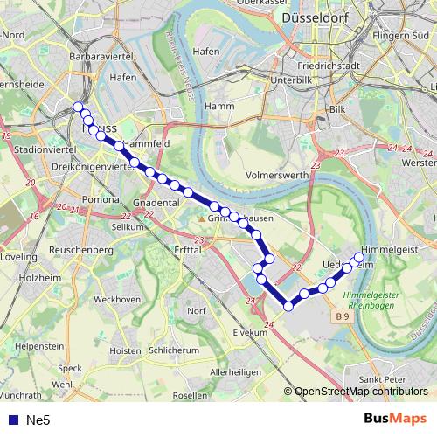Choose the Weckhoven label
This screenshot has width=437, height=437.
pos(117,300)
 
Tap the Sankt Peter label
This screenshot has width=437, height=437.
pos(382,379)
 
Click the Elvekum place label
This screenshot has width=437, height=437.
pos(249,333)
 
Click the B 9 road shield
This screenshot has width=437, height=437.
pos(341,316)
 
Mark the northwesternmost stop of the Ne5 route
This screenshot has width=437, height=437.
pos(78,107)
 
